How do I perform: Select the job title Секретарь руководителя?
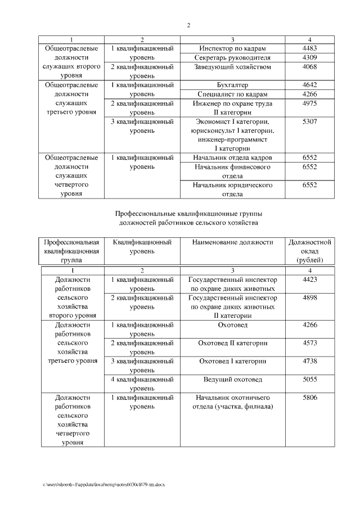(232, 57)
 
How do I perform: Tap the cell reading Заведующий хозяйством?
(232, 67)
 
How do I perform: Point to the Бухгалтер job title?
(232, 85)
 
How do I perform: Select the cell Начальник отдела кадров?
(232, 158)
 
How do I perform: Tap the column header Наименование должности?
(232, 242)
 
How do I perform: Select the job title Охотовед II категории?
(232, 343)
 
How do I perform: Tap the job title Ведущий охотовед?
(232, 380)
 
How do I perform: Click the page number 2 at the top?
(188, 25)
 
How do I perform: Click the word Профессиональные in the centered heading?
(145, 214)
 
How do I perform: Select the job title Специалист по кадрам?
(232, 94)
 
